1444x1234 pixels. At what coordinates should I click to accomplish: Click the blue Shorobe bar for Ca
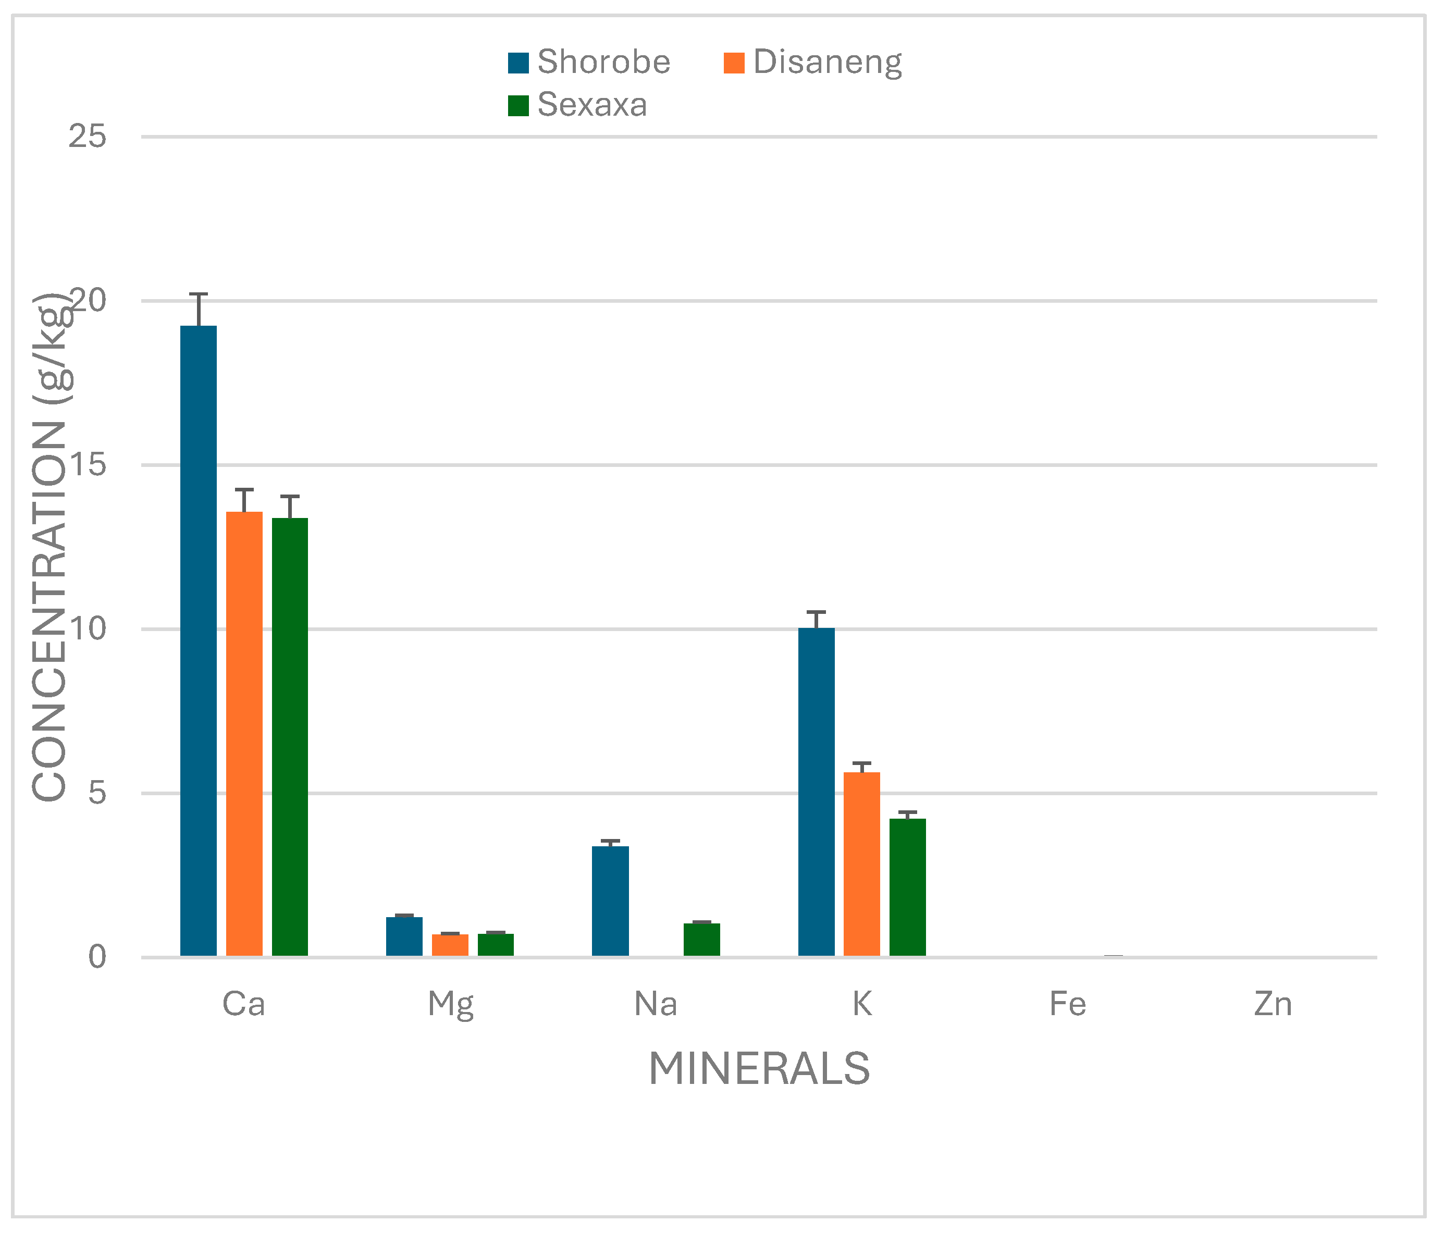coord(199,641)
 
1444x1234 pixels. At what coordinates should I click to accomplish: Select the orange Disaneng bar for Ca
coord(244,734)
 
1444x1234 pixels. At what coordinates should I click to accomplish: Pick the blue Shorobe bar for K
coord(816,792)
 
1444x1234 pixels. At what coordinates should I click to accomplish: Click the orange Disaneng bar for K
coord(861,864)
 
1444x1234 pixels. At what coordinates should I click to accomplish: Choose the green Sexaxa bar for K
coord(907,887)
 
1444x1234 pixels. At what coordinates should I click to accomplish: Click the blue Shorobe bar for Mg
coord(404,936)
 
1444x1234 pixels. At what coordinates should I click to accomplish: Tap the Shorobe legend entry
coord(589,62)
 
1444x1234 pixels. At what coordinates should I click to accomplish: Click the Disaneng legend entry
coord(812,62)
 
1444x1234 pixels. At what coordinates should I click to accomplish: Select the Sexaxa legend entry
coord(578,105)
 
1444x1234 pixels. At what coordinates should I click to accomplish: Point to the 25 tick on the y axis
coord(87,137)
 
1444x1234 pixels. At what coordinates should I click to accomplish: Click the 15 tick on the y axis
coord(87,465)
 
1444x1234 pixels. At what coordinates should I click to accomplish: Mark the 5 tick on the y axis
coord(97,793)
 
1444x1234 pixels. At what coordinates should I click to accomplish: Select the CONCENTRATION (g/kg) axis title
coord(50,547)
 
